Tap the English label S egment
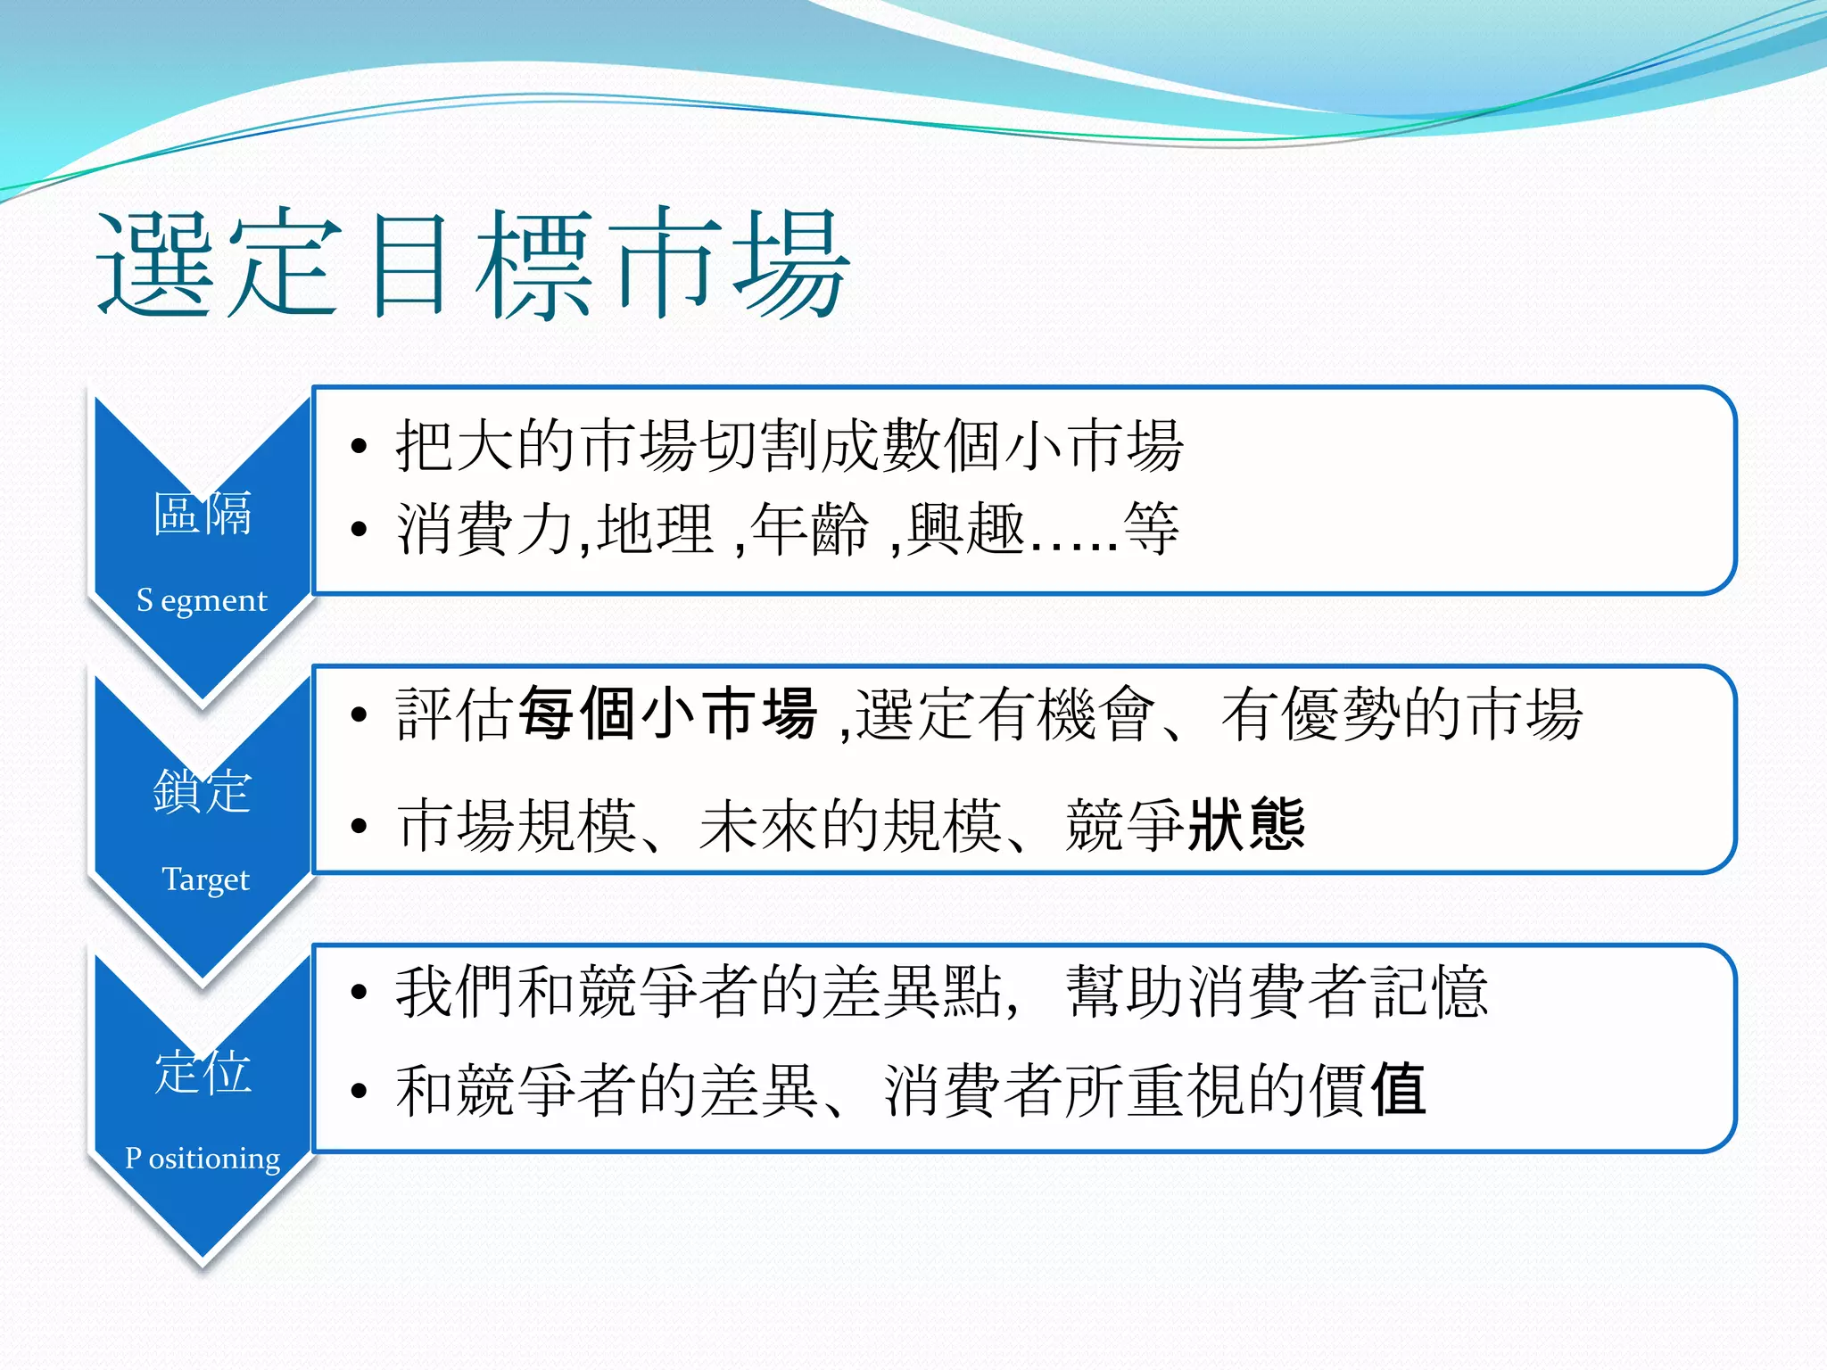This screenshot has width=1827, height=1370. [x=202, y=601]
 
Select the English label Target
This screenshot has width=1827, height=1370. [x=205, y=879]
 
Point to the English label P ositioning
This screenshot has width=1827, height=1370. [x=203, y=1158]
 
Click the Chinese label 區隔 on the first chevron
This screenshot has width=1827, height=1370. [x=203, y=514]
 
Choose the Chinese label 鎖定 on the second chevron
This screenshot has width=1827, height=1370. [x=203, y=792]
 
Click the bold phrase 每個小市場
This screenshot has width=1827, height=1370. [x=667, y=714]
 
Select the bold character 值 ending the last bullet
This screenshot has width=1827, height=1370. [x=1398, y=1090]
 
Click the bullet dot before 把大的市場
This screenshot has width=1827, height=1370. [x=359, y=446]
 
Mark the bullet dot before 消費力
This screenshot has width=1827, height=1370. [x=359, y=530]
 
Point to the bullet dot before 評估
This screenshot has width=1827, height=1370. [x=359, y=714]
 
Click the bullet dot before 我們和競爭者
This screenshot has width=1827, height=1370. [x=359, y=992]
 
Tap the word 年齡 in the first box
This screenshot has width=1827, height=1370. [x=808, y=530]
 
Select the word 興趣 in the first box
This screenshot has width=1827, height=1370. [x=965, y=530]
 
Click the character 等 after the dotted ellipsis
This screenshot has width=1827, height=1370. [x=1151, y=530]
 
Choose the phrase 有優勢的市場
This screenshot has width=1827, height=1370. [x=1401, y=714]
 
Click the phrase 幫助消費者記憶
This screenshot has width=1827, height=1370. [x=1277, y=992]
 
